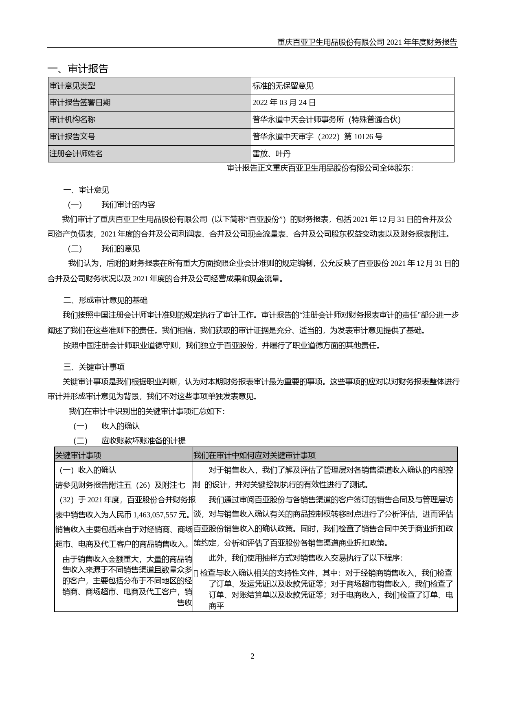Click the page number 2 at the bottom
point(253,656)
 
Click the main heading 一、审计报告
point(78,69)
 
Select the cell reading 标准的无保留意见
point(283,86)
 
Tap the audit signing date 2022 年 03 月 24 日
point(284,103)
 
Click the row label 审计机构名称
point(72,120)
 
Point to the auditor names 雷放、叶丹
point(272,154)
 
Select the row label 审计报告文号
point(72,137)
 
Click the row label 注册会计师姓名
point(76,154)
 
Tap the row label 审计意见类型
point(72,86)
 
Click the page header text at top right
point(367,42)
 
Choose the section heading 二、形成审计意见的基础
point(105,300)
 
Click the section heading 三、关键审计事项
point(94,367)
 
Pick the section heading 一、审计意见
point(86,190)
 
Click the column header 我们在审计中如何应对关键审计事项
point(255,455)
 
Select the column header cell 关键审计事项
point(78,455)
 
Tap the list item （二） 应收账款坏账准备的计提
point(130,440)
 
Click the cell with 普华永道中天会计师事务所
point(327,120)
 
